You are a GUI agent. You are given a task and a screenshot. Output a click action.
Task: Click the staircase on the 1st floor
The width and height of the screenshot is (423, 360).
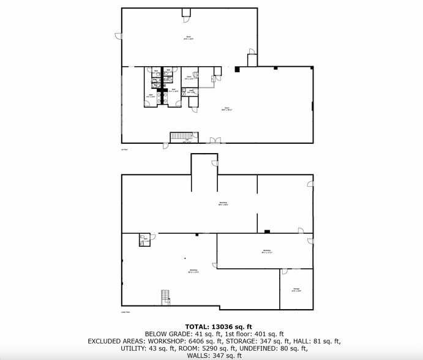coord(181,136)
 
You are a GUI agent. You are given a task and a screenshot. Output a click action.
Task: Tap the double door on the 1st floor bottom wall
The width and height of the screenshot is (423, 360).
coord(214,141)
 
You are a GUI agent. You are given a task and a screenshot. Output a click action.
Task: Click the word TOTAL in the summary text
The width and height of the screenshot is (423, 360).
coord(198,326)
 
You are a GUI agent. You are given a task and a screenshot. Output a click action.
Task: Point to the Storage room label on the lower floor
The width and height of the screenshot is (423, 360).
coord(296,290)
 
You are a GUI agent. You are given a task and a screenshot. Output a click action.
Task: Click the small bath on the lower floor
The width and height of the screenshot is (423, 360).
coord(145,239)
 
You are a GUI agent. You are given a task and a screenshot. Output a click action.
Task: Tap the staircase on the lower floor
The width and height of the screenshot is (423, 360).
coord(164,297)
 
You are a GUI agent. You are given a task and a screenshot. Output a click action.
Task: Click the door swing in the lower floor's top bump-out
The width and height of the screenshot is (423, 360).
coord(215,162)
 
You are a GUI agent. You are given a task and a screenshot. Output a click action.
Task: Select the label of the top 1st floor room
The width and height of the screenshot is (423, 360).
coord(189,38)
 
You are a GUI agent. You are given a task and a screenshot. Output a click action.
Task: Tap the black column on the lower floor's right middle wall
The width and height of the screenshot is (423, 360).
coord(267,231)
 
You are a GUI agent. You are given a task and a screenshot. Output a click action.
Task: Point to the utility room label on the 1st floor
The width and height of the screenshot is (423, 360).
coord(191,92)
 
